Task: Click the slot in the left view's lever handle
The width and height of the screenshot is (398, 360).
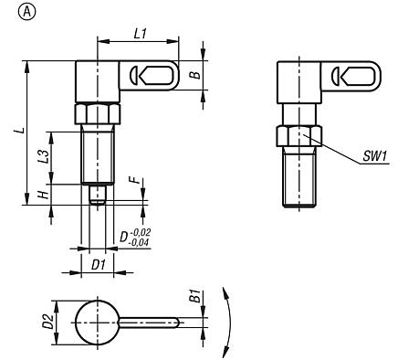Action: pyautogui.click(x=143, y=74)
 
